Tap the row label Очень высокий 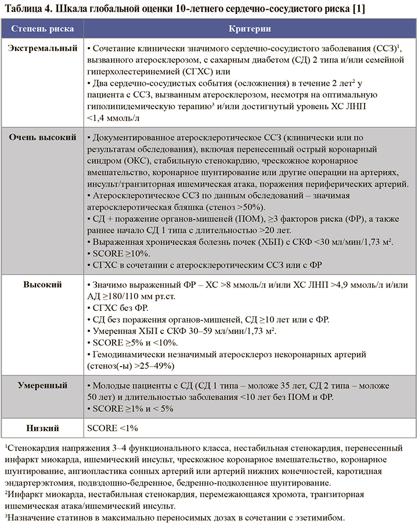[x=42, y=138]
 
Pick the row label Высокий [x=42, y=285]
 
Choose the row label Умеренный [x=42, y=386]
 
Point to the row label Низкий [x=42, y=429]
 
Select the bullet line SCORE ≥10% [x=117, y=254]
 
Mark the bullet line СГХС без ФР [x=122, y=308]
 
